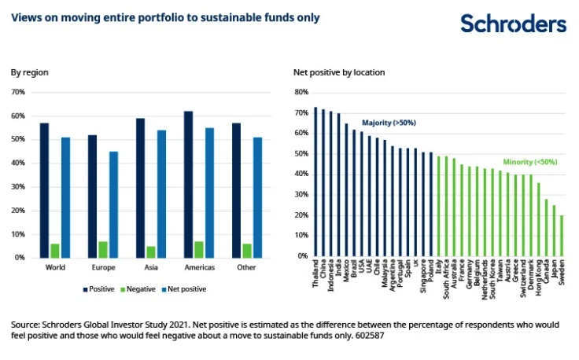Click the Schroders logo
coord(513,24)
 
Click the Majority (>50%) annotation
coord(389,123)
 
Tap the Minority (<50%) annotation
coord(530,162)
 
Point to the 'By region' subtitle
coord(29,72)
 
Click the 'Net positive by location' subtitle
coord(339,72)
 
